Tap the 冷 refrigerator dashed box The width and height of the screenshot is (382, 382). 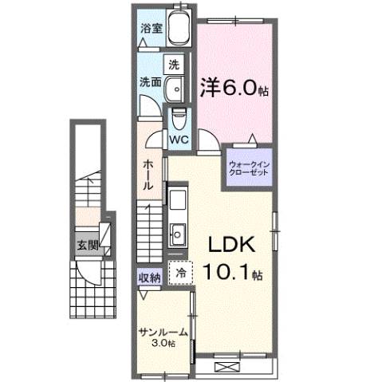(180, 273)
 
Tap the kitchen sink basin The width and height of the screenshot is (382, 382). (177, 234)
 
